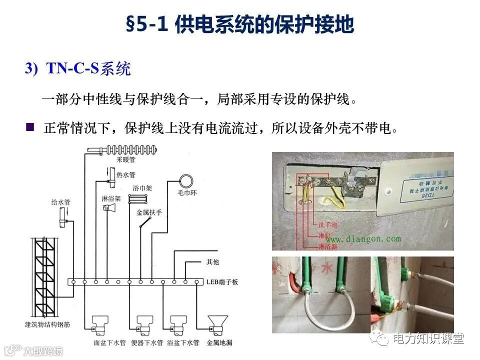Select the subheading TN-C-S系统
pos(88,68)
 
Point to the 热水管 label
pos(125,175)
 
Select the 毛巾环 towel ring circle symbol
pos(187,180)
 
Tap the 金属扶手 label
pos(149,212)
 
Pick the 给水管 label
pos(60,202)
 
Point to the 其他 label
pos(212,261)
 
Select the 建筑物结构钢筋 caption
pos(46,324)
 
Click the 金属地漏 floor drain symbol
pos(218,323)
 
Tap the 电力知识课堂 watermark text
pos(428,338)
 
